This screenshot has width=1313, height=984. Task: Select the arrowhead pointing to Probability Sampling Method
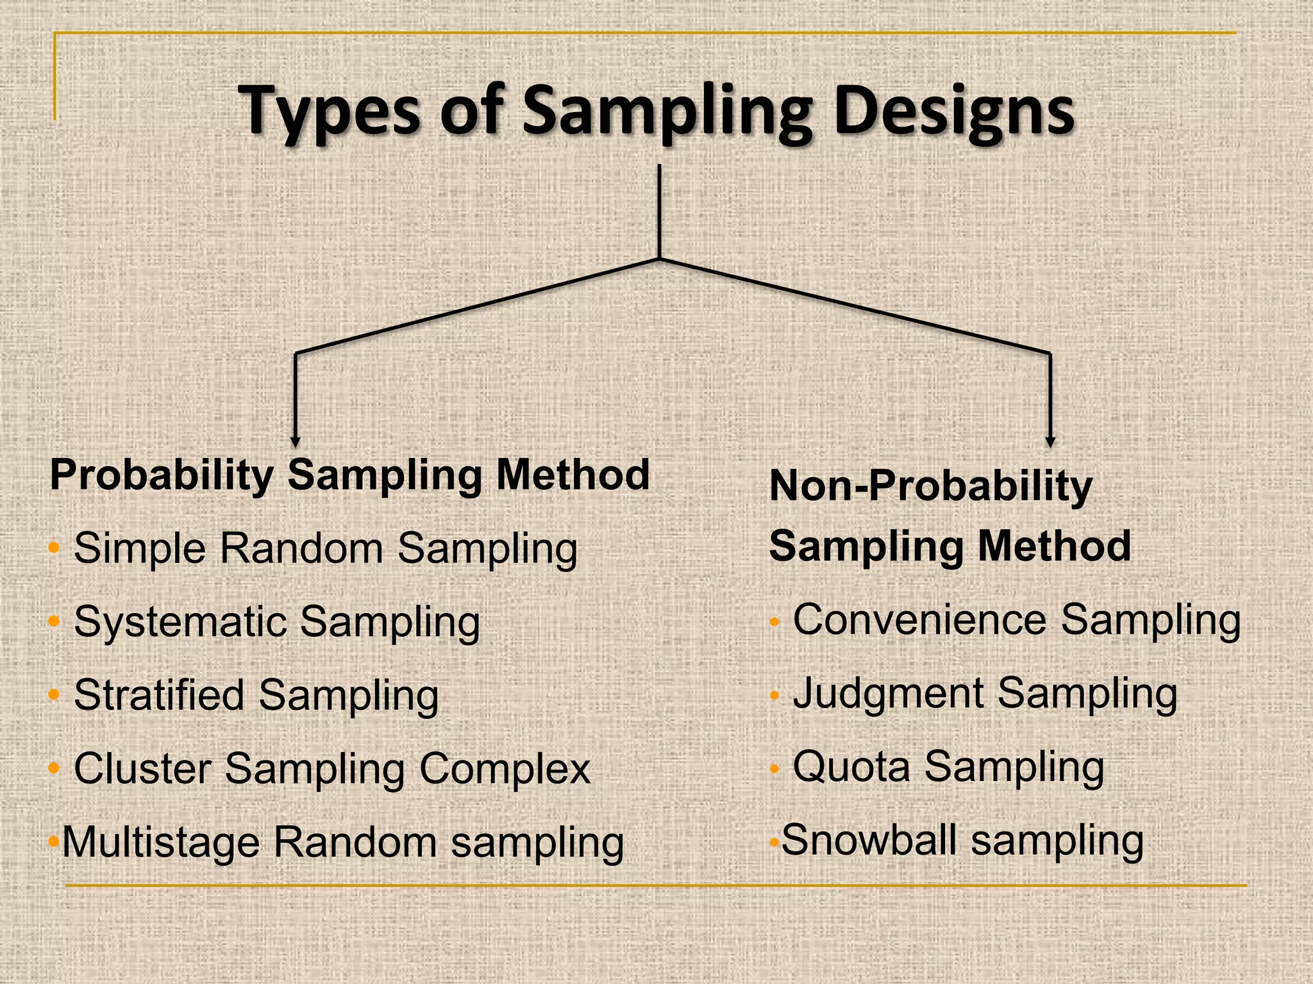tap(295, 441)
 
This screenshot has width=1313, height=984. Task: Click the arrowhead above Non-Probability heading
tap(1050, 441)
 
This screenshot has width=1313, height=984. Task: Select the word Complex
tap(505, 768)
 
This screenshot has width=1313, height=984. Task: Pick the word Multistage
tap(161, 842)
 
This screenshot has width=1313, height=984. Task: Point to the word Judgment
tap(888, 694)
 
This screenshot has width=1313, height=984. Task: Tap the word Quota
tap(851, 766)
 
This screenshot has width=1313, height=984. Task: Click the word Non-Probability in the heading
tap(930, 486)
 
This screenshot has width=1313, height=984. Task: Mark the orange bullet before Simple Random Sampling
tap(54, 548)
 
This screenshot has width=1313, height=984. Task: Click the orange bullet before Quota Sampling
tap(774, 768)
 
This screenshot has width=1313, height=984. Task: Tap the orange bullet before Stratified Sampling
tap(54, 694)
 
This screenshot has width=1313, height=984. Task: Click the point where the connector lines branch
tap(659, 259)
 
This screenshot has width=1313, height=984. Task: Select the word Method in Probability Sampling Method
tap(573, 475)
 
